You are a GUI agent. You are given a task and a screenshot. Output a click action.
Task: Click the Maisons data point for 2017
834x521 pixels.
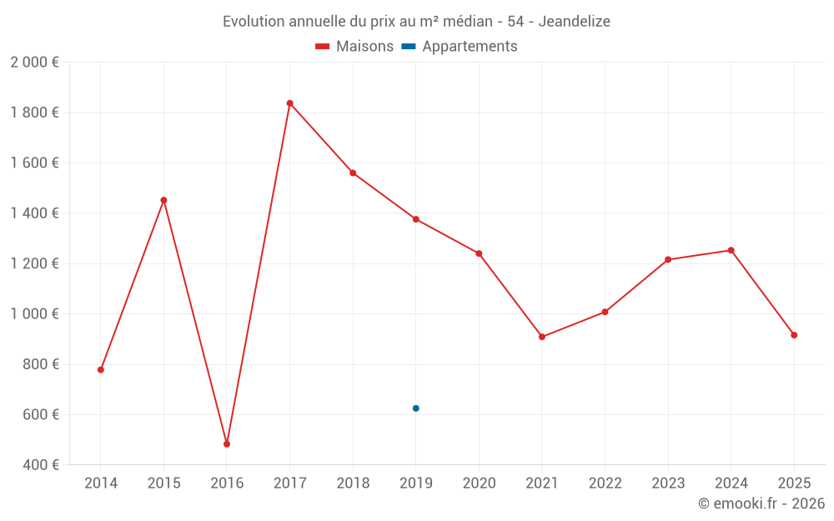tap(289, 103)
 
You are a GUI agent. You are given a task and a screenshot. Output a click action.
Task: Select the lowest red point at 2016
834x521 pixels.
tap(227, 444)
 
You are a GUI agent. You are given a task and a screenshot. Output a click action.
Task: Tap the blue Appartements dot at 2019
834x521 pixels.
tap(415, 408)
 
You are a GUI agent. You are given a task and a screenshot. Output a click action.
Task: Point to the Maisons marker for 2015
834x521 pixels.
tap(163, 200)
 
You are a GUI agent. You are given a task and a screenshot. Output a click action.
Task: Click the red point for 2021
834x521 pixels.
tap(542, 337)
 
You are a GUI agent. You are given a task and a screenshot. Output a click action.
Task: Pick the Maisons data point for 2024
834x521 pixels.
tap(731, 250)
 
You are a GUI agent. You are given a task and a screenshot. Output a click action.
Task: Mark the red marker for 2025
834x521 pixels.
tap(794, 335)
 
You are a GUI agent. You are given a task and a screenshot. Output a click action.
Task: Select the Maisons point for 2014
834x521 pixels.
tap(101, 369)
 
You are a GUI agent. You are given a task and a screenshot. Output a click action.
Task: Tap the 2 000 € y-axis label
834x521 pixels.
tap(34, 63)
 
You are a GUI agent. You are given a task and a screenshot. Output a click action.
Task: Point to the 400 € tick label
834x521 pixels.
tap(39, 465)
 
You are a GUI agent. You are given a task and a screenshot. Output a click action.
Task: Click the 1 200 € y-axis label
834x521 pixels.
tap(34, 263)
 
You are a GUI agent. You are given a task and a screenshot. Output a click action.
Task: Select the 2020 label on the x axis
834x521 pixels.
tap(479, 483)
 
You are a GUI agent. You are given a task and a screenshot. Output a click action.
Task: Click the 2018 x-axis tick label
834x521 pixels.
tap(353, 483)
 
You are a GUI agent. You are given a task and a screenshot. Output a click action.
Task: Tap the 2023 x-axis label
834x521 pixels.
tap(668, 483)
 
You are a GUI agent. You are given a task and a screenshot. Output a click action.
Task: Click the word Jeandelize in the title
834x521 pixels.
tap(575, 22)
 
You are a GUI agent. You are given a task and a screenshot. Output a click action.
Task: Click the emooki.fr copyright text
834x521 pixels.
tap(761, 503)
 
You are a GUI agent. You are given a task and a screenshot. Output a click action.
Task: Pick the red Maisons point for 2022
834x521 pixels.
tap(605, 312)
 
